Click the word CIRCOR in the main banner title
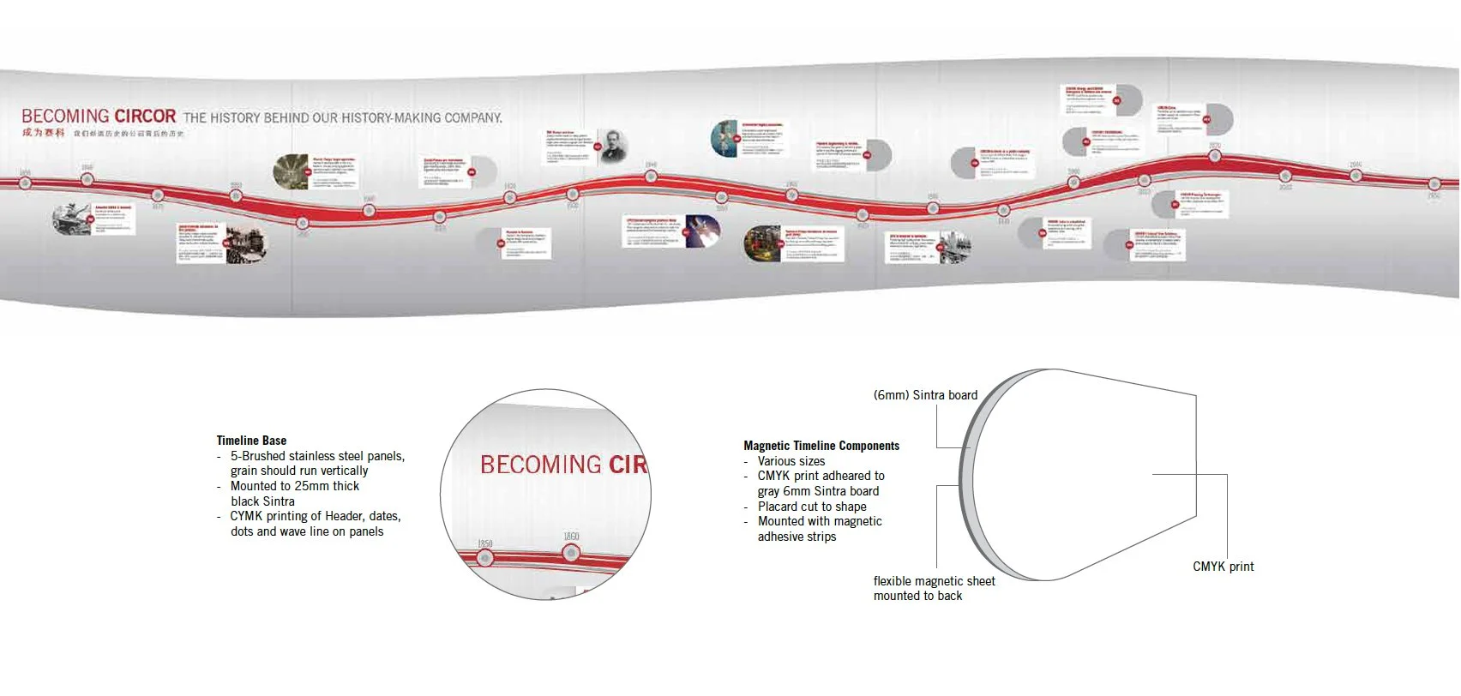coord(145,116)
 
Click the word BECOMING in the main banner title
coord(65,116)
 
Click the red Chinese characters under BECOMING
coord(43,133)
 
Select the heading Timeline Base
coord(251,441)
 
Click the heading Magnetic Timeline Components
coord(821,446)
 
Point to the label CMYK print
coord(1223,567)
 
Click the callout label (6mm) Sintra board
coord(925,395)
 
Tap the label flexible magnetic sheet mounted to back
coord(934,588)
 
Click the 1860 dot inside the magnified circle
coord(572,554)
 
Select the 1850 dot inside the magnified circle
coord(485,559)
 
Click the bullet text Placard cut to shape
coord(812,507)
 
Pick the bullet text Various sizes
coord(791,461)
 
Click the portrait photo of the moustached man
coord(613,147)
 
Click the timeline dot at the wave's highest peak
coord(1215,157)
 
